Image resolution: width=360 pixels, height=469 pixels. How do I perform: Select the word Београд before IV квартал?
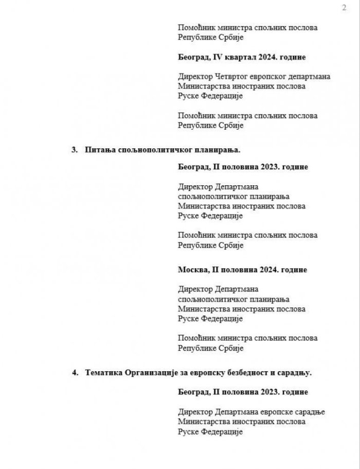point(194,57)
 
